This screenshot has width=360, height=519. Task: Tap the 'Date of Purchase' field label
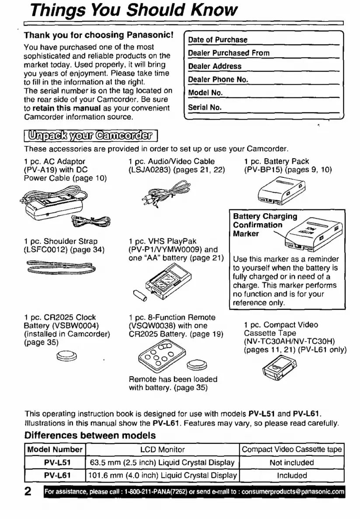tap(218, 40)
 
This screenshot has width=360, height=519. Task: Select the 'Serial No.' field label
tap(205, 107)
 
